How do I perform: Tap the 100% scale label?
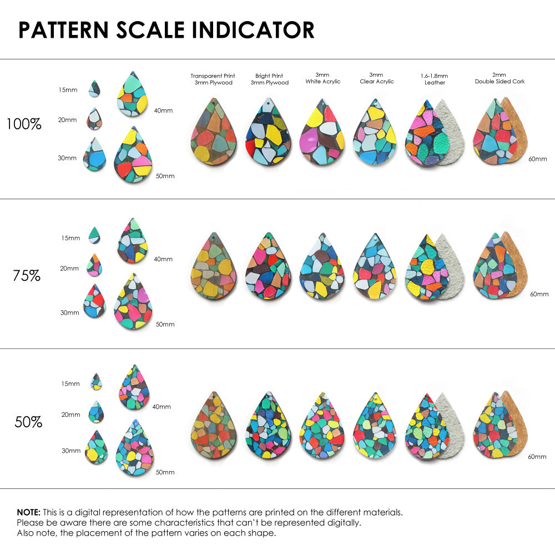point(24,124)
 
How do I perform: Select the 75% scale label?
point(27,275)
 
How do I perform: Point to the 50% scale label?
point(28,422)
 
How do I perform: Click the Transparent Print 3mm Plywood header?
point(213,79)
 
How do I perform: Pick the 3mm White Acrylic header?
point(322,78)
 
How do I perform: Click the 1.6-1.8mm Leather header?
point(435,79)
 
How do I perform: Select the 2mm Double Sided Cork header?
point(500,78)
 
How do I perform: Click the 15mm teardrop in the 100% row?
point(94,88)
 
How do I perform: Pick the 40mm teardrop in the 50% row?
point(134,388)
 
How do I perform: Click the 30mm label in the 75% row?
point(69,312)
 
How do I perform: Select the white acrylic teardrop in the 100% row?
point(322,134)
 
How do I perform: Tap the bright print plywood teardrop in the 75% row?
point(269,268)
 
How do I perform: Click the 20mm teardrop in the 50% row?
point(96,412)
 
